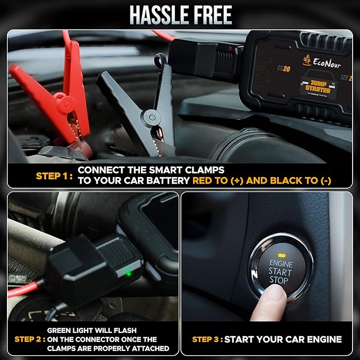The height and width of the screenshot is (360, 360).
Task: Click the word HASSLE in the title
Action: pos(159,15)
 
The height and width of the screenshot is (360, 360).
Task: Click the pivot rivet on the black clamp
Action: pos(153,117)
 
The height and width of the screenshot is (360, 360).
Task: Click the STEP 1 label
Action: pos(53,175)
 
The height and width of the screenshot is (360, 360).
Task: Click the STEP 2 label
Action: pos(29,339)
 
